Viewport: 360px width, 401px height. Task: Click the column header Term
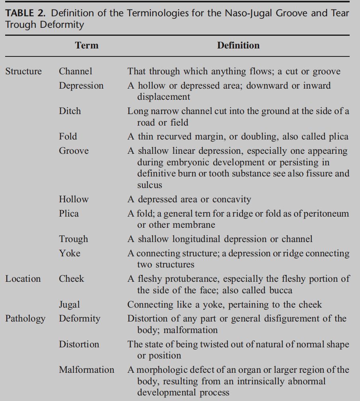click(87, 45)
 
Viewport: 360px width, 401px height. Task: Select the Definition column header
click(238, 45)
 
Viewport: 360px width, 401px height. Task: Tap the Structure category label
click(23, 72)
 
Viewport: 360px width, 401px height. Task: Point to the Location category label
click(23, 279)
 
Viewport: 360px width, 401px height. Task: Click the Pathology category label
click(25, 319)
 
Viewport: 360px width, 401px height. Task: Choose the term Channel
click(76, 72)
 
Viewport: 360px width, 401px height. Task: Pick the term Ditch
click(70, 111)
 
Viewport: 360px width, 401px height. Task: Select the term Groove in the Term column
click(74, 151)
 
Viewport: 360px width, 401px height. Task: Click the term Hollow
click(74, 199)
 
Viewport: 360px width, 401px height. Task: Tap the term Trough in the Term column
click(74, 239)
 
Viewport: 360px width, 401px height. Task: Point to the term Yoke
click(70, 254)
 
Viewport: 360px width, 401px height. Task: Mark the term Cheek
click(72, 279)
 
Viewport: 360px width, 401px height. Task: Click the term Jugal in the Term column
click(70, 305)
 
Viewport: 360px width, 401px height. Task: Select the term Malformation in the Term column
click(87, 370)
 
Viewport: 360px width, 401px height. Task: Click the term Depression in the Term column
click(81, 86)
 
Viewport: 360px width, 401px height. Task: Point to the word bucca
click(281, 290)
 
